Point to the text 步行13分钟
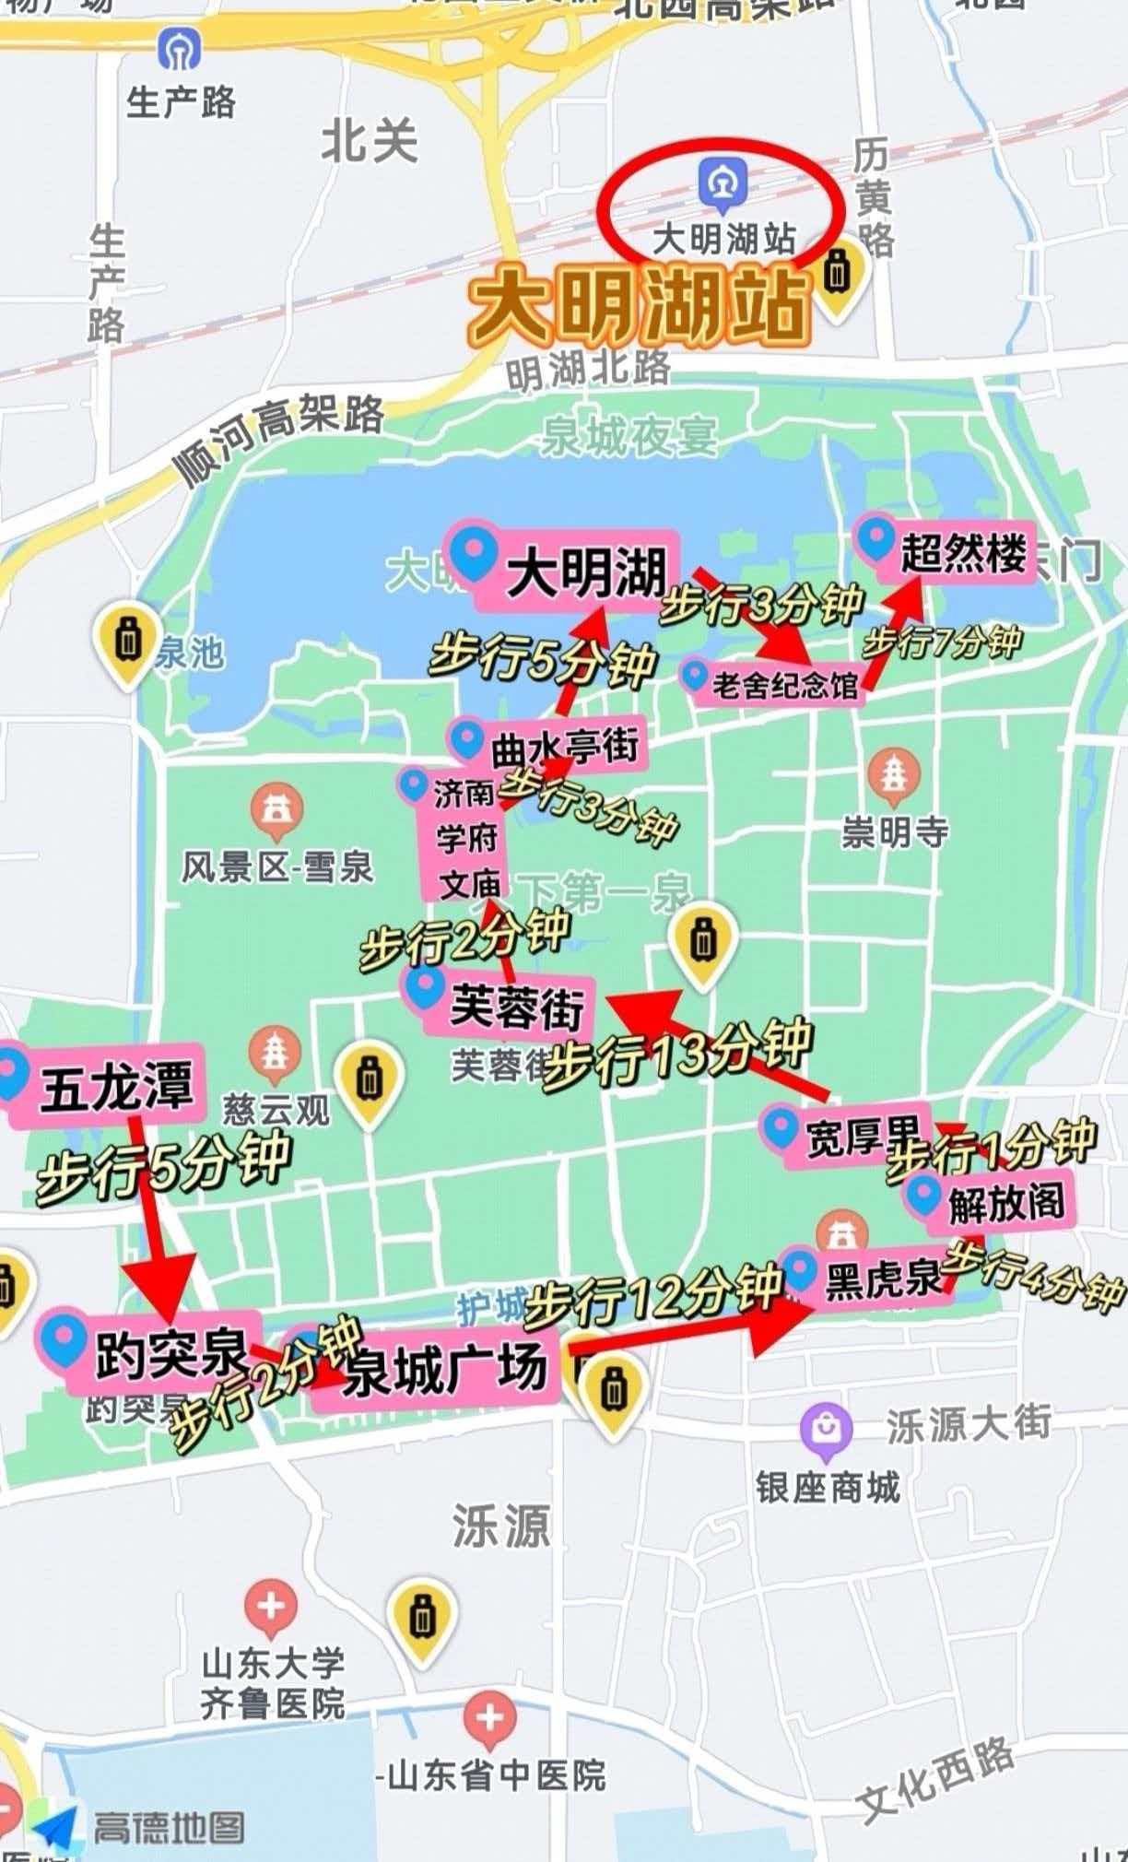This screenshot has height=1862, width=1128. tap(677, 1054)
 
